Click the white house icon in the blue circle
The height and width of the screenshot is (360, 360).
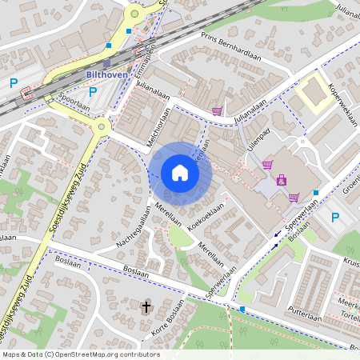[x=180, y=173]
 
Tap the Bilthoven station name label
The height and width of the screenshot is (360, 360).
[x=106, y=76]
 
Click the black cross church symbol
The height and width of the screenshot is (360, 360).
[x=146, y=306]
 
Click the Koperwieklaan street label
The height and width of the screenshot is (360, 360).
[x=339, y=103]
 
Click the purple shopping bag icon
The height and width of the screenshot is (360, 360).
[x=281, y=181]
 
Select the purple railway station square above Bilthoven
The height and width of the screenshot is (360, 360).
[x=107, y=64]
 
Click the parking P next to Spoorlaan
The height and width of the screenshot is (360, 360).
[x=92, y=91]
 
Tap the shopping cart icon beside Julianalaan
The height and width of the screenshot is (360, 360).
[x=216, y=111]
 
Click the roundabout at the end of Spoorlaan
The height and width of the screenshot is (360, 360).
[x=102, y=126]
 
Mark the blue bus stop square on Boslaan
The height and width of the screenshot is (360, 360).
[x=242, y=308]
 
